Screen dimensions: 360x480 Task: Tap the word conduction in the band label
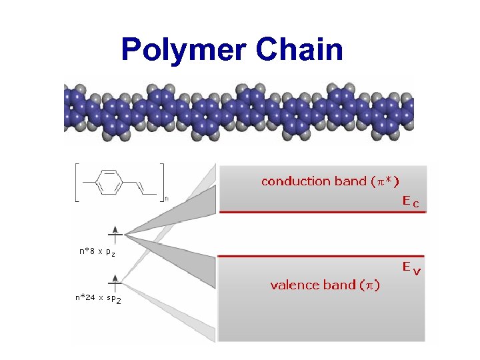296,181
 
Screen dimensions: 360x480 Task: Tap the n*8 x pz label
97,252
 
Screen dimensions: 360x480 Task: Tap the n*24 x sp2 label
98,299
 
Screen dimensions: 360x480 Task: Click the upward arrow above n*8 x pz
115,233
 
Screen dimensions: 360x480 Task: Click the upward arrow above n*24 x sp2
115,280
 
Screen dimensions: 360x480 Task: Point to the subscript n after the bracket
166,198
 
